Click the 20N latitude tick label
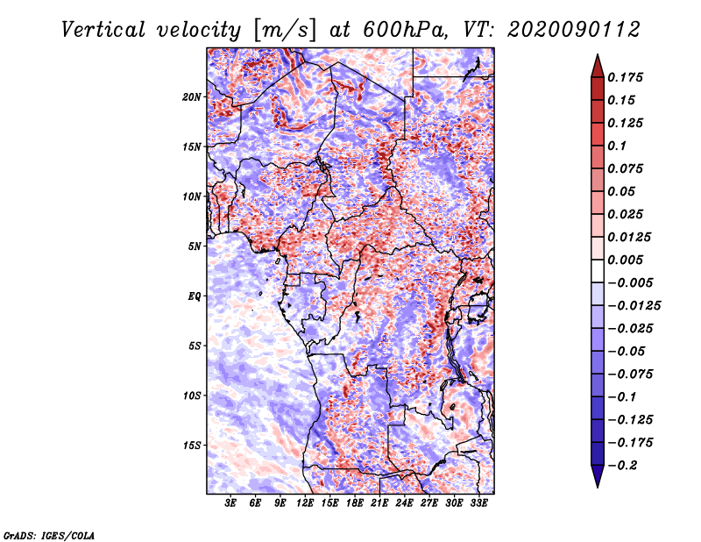click(192, 96)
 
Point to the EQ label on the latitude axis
click(194, 296)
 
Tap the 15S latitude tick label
click(192, 446)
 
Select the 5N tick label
click(195, 246)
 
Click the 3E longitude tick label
click(231, 503)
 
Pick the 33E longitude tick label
click(478, 503)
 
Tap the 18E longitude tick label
click(355, 503)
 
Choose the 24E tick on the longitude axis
click(404, 503)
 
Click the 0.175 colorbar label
click(627, 77)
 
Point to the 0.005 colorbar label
click(627, 260)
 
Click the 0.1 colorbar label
click(620, 146)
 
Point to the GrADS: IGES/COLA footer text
click(48, 534)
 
